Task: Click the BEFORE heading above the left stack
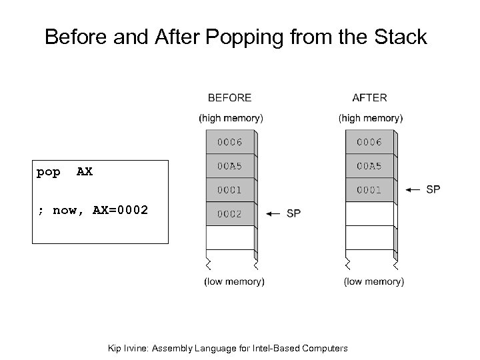point(229,97)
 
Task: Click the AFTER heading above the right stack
point(369,97)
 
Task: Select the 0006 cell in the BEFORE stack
point(229,143)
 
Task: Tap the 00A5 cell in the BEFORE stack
point(229,167)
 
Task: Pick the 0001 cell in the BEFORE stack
point(229,190)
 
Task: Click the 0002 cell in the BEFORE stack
point(229,214)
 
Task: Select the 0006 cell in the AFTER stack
point(369,143)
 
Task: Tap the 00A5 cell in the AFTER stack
point(369,167)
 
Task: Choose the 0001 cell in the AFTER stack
point(369,190)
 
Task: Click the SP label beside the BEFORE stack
point(293,213)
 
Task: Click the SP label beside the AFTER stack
point(433,189)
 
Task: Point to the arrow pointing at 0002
point(273,214)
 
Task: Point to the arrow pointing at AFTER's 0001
point(413,190)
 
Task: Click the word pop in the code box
point(48,172)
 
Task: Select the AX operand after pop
point(85,172)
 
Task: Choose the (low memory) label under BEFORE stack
point(234,281)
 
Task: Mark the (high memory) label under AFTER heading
point(371,118)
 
